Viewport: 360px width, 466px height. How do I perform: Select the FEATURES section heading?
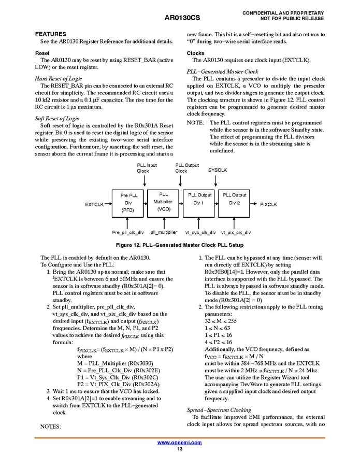click(x=51, y=34)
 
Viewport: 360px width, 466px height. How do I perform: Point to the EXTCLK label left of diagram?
click(x=95, y=205)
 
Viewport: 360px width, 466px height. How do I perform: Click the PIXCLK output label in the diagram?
click(x=268, y=205)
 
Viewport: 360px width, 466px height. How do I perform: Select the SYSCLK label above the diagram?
click(x=217, y=170)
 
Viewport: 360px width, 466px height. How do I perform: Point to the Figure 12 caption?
click(x=179, y=245)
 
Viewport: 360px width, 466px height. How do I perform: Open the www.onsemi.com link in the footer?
click(x=179, y=442)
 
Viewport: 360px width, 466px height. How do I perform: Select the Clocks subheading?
click(x=195, y=53)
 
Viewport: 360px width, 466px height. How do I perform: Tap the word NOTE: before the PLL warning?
click(x=195, y=123)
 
